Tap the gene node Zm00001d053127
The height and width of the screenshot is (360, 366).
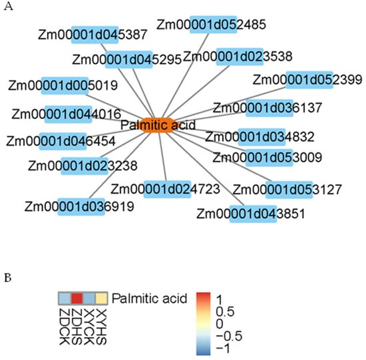tap(289, 188)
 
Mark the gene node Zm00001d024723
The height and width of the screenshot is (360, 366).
tap(164, 188)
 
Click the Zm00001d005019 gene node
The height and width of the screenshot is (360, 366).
tap(63, 85)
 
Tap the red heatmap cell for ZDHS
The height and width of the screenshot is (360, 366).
tap(77, 297)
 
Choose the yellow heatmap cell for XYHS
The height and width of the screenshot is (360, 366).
tap(100, 297)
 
